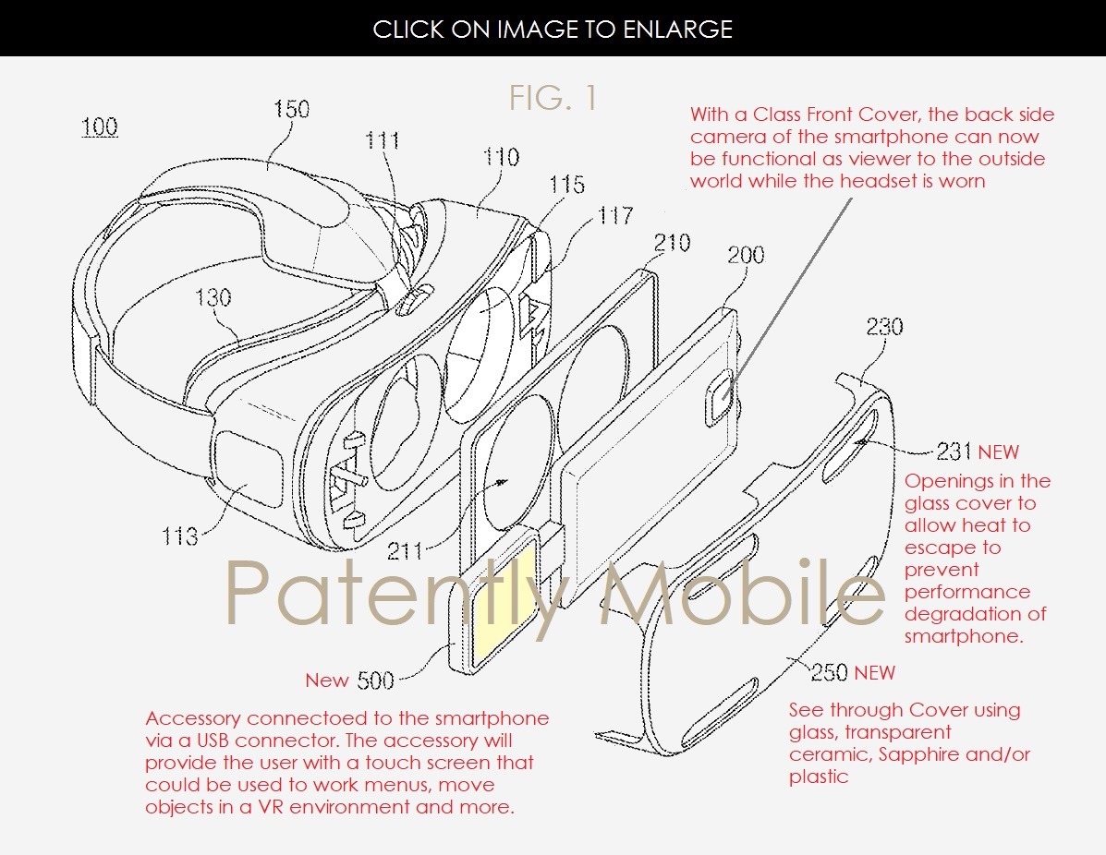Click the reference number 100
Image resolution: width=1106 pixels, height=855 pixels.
100,126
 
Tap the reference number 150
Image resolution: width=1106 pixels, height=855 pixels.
291,109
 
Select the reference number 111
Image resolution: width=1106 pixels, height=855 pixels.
383,140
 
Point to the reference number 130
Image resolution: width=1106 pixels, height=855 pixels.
213,296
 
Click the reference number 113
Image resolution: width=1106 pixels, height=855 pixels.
180,536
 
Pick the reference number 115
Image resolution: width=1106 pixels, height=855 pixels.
567,185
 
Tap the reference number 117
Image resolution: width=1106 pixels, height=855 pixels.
615,215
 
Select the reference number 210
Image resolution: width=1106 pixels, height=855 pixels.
673,243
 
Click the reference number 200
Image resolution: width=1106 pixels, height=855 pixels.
747,255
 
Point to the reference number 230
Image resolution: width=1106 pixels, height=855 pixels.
884,326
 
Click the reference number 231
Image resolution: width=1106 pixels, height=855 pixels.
954,452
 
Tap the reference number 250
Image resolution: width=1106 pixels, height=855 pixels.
830,672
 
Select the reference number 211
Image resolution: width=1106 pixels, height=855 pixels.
405,550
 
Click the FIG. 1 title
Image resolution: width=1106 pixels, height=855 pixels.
553,97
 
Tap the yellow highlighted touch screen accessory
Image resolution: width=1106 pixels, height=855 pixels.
503,599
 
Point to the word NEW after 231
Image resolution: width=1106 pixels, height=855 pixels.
998,452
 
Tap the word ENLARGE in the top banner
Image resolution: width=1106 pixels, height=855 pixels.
678,29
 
